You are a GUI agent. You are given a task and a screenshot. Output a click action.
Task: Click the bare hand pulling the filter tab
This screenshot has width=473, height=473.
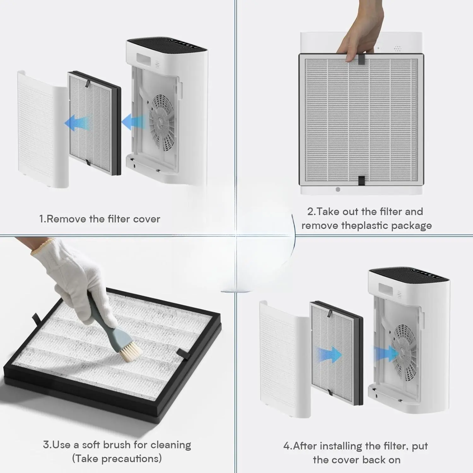[x=361, y=32]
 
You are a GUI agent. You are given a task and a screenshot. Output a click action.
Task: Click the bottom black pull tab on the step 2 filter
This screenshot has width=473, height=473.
[x=361, y=181]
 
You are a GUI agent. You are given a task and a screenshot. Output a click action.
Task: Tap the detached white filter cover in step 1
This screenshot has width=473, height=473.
[x=43, y=129]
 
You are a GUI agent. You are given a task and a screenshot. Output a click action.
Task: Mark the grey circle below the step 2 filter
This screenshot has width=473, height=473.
[x=338, y=190]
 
